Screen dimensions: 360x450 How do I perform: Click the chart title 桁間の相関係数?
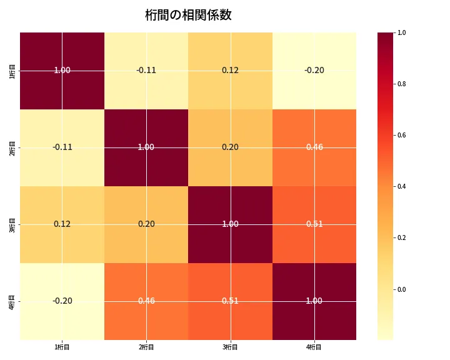pos(188,15)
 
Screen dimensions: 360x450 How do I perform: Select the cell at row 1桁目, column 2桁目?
pos(146,70)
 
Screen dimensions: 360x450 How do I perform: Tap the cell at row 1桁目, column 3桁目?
pos(230,70)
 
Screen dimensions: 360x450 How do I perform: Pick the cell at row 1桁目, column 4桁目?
pos(314,70)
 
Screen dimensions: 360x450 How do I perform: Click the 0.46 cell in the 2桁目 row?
pos(314,147)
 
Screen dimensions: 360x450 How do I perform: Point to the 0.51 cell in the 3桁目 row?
pos(314,224)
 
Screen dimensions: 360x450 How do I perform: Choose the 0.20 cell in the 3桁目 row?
pos(146,224)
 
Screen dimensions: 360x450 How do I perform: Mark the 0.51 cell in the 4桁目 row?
pos(230,301)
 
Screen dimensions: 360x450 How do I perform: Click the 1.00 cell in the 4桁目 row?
pos(314,301)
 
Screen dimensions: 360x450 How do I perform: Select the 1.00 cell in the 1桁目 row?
pos(62,70)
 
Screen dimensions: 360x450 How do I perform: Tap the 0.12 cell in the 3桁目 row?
pos(62,224)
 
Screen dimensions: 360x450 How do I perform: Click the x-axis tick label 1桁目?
pos(62,347)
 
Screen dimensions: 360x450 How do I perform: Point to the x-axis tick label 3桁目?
pos(230,347)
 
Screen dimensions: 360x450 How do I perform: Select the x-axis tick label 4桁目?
pos(314,347)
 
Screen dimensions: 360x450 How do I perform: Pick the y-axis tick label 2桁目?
pos(13,147)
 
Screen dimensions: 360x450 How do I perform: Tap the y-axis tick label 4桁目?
pos(13,301)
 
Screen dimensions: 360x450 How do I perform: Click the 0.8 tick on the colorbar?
pos(402,84)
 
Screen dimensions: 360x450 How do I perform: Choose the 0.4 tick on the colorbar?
pos(402,186)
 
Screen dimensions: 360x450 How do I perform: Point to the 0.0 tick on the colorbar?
pos(402,289)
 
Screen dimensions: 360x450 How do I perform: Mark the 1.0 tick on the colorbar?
pos(402,32)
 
